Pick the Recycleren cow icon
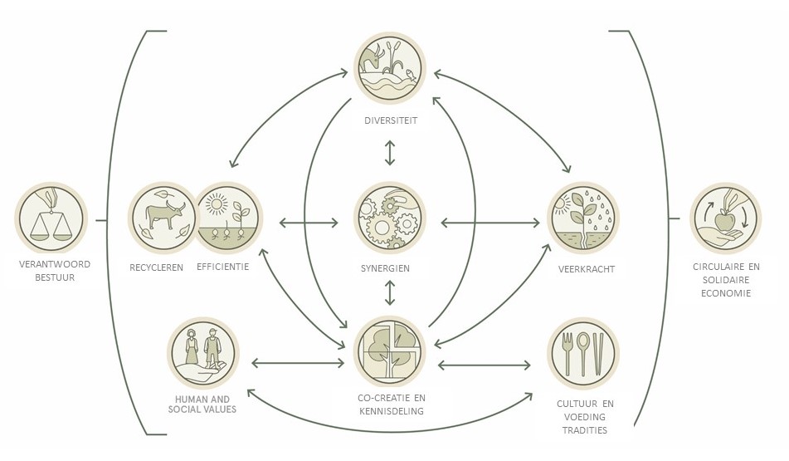click(x=163, y=218)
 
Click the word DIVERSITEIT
click(x=390, y=120)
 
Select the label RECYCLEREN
click(x=156, y=267)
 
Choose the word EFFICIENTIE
click(x=223, y=267)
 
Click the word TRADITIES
click(x=584, y=430)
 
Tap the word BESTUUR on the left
click(x=54, y=277)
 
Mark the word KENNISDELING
click(x=390, y=411)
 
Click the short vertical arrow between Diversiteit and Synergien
click(x=390, y=153)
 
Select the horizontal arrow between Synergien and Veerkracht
click(x=489, y=223)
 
